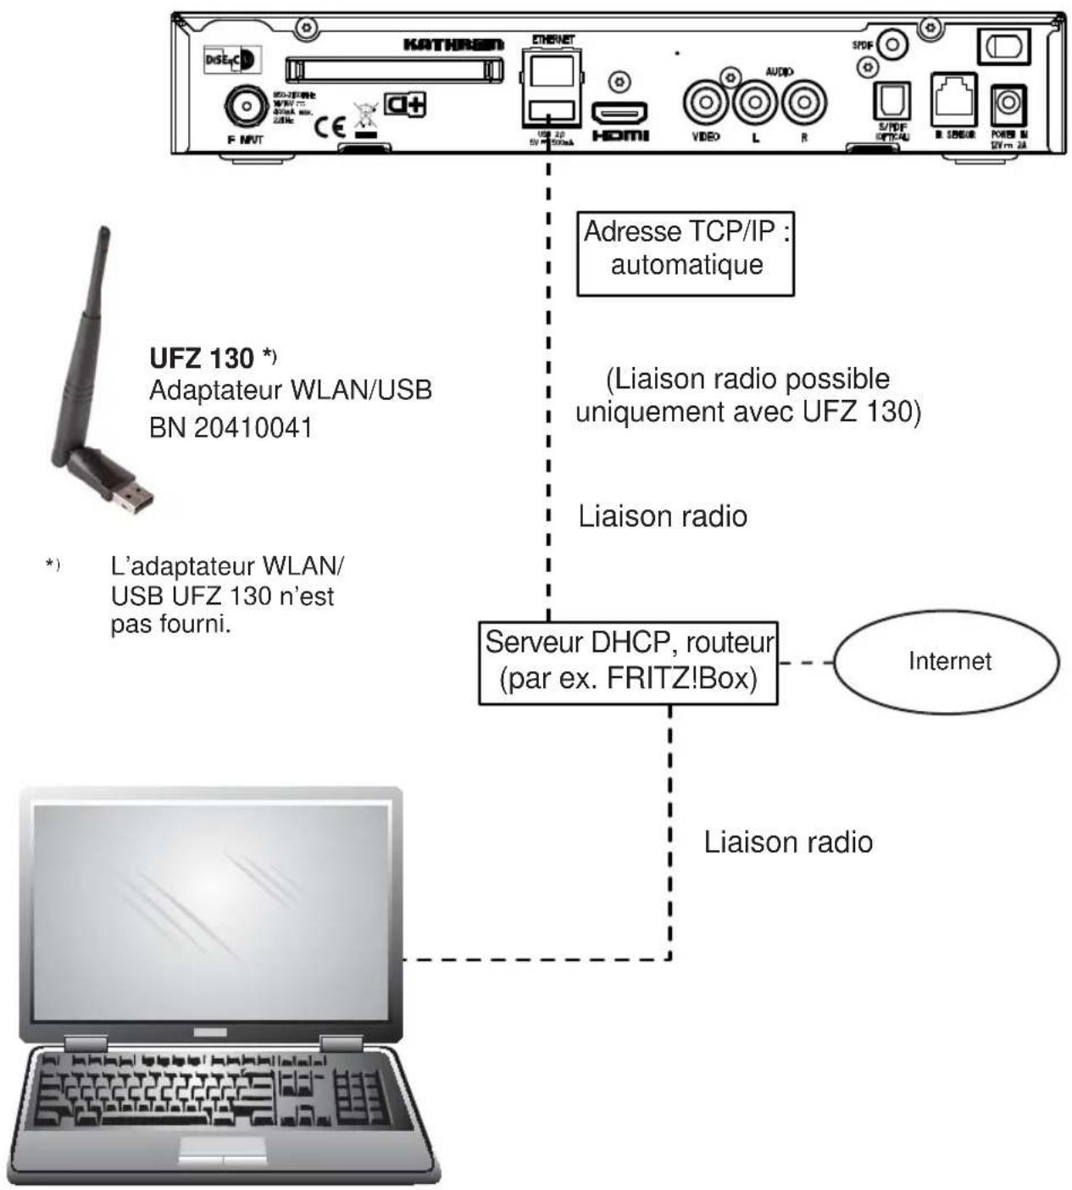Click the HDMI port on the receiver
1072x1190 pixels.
tap(619, 112)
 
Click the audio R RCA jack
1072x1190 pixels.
tap(803, 103)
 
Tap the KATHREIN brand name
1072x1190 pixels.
tap(454, 43)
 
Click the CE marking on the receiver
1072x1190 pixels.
tap(330, 127)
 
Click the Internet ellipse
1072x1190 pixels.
tap(947, 662)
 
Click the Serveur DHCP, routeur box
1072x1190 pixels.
tap(628, 662)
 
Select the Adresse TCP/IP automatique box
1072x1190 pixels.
tap(686, 253)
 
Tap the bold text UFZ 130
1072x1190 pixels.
tap(202, 358)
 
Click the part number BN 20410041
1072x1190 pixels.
tap(231, 427)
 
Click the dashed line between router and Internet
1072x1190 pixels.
tap(805, 662)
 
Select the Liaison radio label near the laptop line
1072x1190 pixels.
tap(788, 842)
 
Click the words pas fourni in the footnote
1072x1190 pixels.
tap(171, 626)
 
